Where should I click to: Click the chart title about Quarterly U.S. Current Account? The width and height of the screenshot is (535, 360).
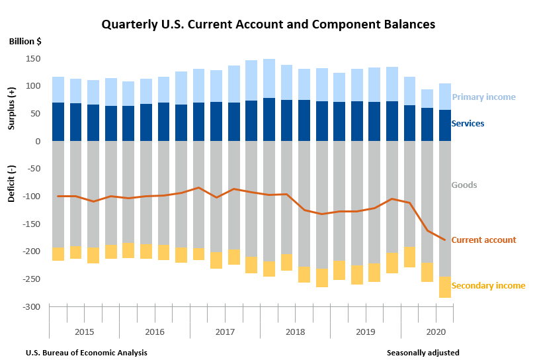click(x=268, y=24)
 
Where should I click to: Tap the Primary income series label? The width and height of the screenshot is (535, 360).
click(x=483, y=97)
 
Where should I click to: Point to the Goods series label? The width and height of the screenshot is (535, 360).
click(x=464, y=185)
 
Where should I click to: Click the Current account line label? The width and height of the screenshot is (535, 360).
click(x=483, y=240)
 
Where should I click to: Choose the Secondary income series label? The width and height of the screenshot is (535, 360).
click(x=488, y=286)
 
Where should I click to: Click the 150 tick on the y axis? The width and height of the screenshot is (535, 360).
click(x=32, y=59)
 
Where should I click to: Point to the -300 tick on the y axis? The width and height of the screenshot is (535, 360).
click(x=31, y=307)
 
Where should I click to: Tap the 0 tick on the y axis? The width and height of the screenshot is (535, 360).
click(x=38, y=142)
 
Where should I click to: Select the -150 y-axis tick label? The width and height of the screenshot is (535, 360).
click(x=31, y=224)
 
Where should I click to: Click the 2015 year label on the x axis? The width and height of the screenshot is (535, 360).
click(x=84, y=331)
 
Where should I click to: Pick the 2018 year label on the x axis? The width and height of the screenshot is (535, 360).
click(x=295, y=331)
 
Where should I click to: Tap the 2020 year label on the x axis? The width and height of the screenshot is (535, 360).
click(x=436, y=331)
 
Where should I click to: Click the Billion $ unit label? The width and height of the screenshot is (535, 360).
click(x=25, y=41)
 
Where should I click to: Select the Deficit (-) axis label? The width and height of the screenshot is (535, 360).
click(x=12, y=183)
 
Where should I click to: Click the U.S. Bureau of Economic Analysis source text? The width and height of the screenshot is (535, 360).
click(x=86, y=353)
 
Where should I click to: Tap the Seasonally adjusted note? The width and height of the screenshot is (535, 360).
click(x=423, y=353)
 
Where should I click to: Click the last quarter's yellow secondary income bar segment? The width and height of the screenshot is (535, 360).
click(x=445, y=287)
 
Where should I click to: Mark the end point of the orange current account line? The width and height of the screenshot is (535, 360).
click(x=445, y=240)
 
